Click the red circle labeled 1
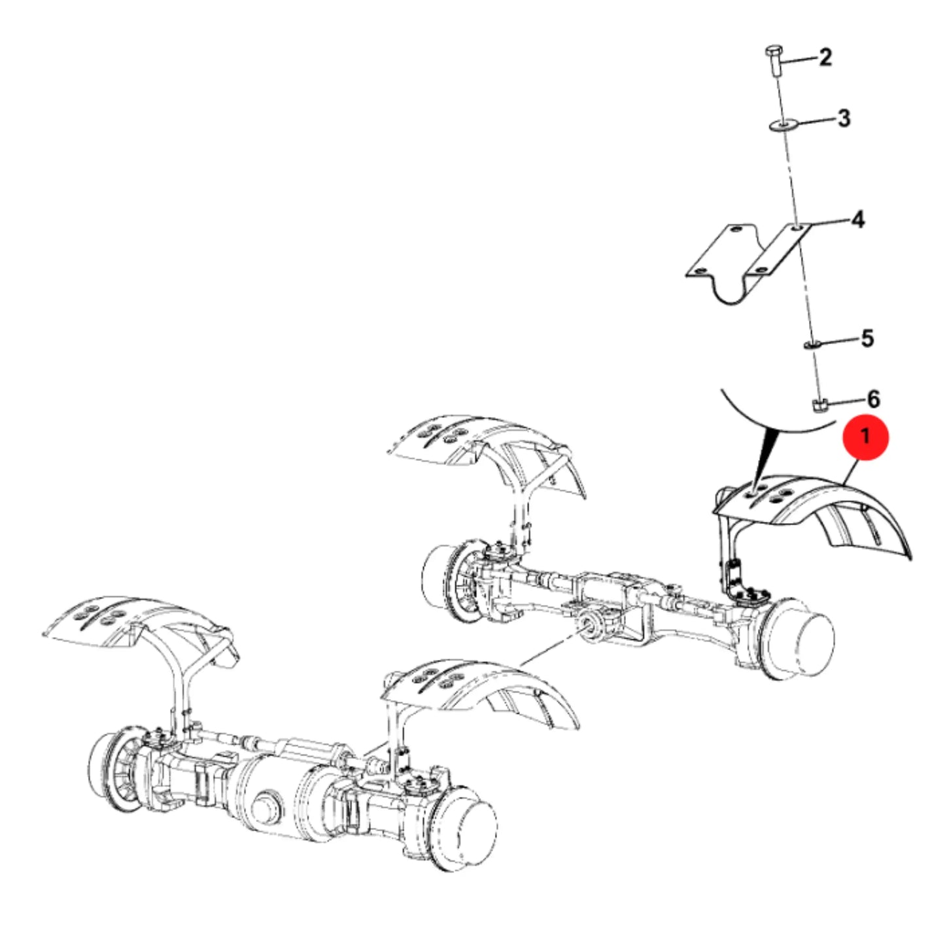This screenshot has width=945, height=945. tap(865, 438)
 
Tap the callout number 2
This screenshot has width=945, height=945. tap(826, 58)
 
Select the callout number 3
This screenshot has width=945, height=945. tap(844, 118)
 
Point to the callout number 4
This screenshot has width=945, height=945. tap(858, 220)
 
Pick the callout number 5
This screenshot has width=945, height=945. tap(868, 338)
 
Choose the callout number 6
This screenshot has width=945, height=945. tap(874, 399)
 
